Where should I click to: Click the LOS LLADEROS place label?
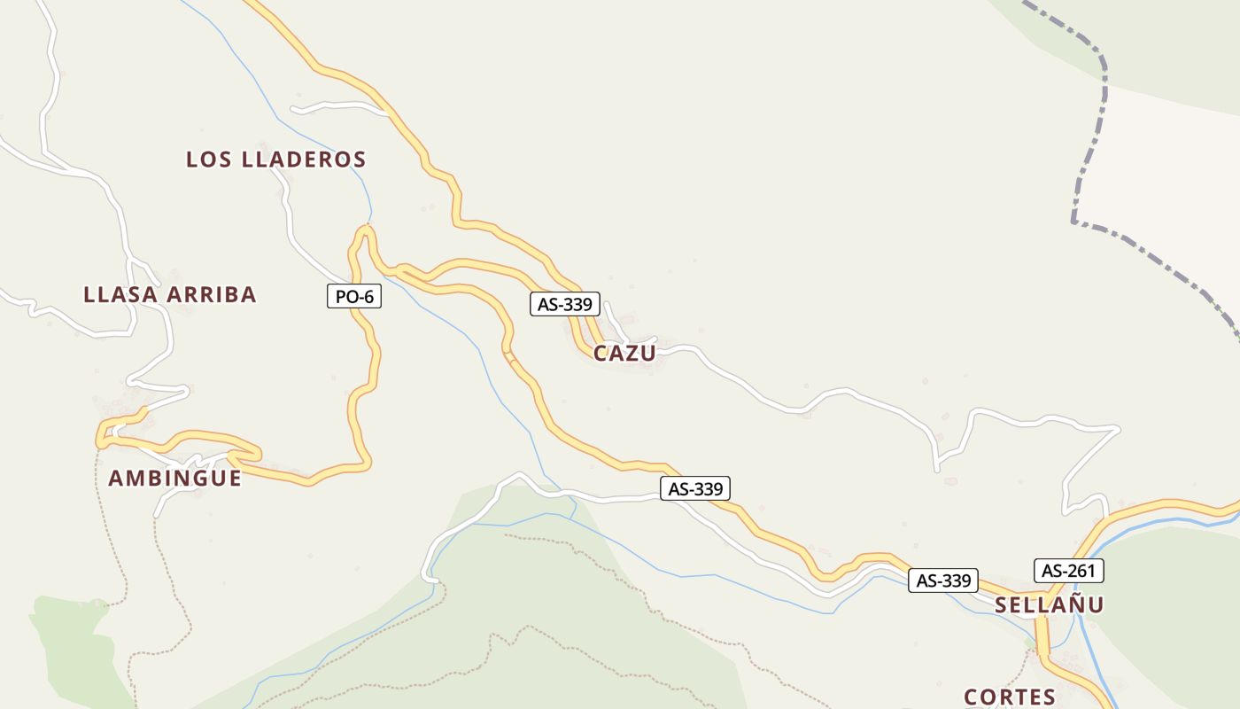click(275, 160)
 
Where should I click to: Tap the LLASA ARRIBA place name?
click(170, 295)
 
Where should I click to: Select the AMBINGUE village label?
click(174, 479)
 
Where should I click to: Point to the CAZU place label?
click(624, 354)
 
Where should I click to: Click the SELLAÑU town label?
click(1049, 605)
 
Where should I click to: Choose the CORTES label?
click(1009, 697)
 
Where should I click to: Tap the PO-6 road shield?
click(354, 296)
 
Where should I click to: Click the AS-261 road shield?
click(1068, 571)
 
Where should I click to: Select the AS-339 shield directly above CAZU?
click(565, 304)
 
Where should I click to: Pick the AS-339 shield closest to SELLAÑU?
click(943, 580)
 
